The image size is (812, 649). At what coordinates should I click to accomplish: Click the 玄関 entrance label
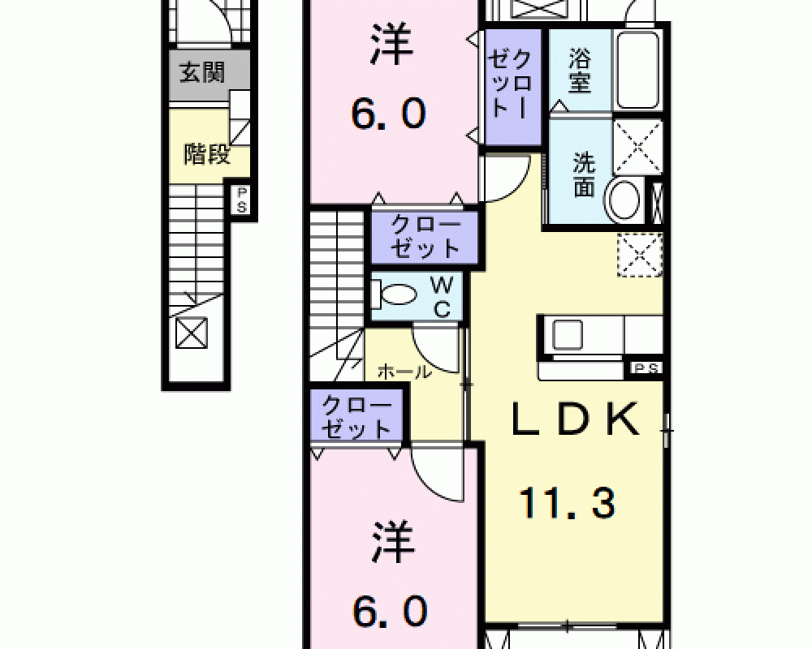point(202,72)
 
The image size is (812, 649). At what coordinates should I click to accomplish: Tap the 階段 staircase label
point(207,153)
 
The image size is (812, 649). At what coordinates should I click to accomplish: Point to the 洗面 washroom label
point(584,175)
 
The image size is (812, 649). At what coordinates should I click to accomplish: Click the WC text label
point(442,297)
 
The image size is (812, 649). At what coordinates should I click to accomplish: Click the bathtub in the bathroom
point(638,70)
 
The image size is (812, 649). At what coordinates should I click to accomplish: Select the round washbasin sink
point(625,200)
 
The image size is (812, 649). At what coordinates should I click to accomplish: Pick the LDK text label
point(575,419)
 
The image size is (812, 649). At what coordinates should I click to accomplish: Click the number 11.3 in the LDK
point(567,502)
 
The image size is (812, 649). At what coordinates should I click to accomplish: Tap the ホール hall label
point(404,372)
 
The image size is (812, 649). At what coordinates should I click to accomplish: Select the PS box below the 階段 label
point(241,200)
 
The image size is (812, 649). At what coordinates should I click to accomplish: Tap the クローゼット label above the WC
point(425,237)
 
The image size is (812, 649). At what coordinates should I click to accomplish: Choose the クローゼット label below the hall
point(356,417)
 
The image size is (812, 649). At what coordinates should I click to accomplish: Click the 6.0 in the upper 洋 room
point(389,114)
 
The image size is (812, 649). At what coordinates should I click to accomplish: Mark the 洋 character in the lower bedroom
point(393,542)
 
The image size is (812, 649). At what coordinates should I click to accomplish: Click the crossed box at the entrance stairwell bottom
point(191,333)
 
